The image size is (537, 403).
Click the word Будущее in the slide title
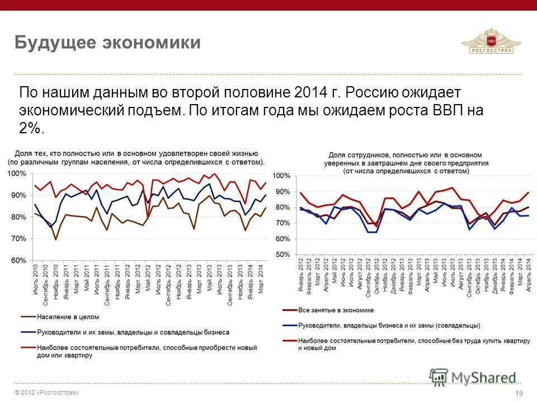click(53, 43)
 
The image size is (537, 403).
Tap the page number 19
click(519, 393)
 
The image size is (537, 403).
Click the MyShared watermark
click(473, 377)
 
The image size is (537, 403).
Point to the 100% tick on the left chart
click(17, 174)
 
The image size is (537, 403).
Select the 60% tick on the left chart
click(18, 261)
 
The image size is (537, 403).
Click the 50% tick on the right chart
click(282, 255)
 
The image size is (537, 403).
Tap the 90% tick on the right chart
click(282, 192)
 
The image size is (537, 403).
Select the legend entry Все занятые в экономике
click(336, 310)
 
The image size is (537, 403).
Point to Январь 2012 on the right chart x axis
click(301, 277)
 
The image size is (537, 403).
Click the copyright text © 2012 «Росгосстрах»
click(47, 393)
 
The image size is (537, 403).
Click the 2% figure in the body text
click(31, 128)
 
